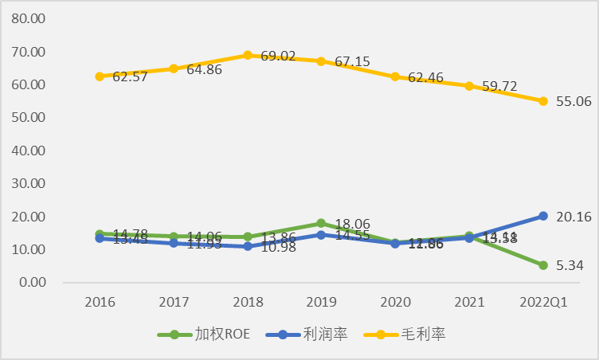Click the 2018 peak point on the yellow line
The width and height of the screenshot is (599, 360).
(248, 55)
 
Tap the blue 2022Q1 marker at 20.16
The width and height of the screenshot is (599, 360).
(543, 216)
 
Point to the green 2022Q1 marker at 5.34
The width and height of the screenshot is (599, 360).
(543, 265)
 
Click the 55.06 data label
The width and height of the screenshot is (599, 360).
(574, 101)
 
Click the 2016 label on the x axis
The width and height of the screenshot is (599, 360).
(100, 303)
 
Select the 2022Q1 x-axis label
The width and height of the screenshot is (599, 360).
(543, 303)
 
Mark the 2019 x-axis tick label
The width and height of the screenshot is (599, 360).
(321, 303)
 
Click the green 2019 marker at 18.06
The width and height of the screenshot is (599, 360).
(321, 223)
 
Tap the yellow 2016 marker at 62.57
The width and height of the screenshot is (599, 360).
(100, 76)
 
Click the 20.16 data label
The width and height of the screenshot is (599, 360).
(574, 216)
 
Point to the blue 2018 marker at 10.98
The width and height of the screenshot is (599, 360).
(248, 247)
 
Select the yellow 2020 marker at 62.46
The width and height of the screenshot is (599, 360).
(395, 76)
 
